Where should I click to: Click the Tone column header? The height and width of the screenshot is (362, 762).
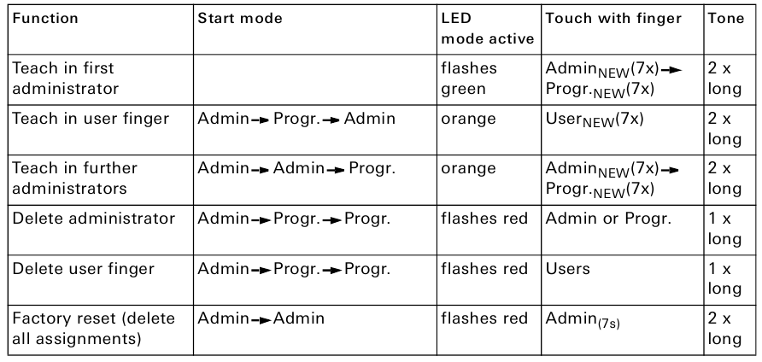pos(726,18)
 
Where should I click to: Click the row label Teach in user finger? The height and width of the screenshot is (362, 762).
pos(81,119)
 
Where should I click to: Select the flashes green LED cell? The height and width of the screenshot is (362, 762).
pos(468,77)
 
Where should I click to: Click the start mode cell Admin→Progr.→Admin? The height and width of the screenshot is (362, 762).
pos(296,119)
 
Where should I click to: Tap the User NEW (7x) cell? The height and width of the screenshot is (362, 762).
pos(595,120)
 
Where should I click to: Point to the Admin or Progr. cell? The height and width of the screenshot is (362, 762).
pos(608,219)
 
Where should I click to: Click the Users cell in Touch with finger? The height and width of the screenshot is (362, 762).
pos(566,270)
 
